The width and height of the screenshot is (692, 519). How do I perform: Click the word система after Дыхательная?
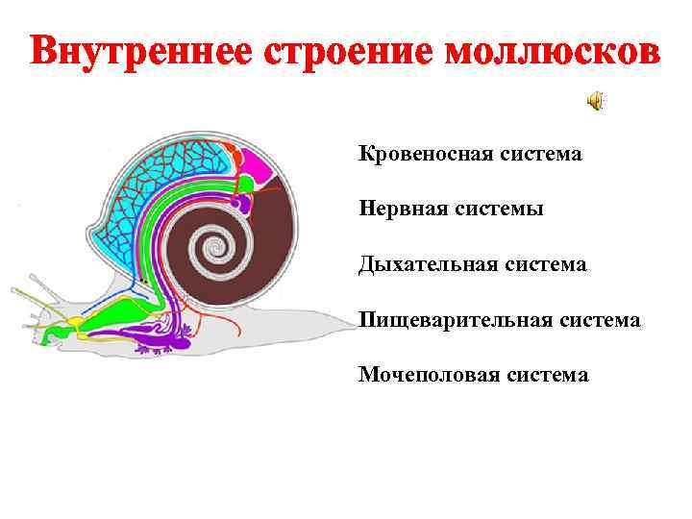(544, 263)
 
